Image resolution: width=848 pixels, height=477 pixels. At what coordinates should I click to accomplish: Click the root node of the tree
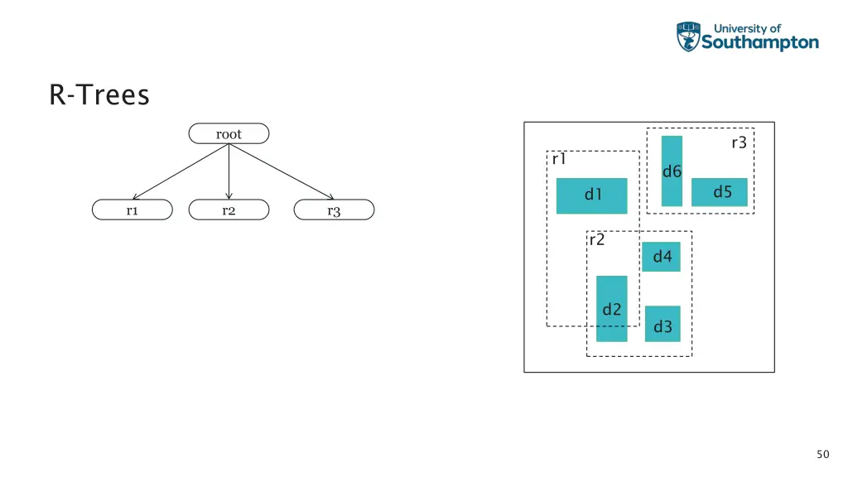[x=229, y=133]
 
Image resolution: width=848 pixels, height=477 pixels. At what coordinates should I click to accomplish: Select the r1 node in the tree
[x=132, y=210]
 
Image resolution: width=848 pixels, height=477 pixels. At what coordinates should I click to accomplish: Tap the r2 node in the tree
[x=229, y=210]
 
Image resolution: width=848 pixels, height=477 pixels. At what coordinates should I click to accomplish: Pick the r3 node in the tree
[x=334, y=210]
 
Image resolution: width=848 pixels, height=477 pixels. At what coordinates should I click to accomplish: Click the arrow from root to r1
[x=181, y=171]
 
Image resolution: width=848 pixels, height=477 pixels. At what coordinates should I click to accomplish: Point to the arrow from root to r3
[x=282, y=172]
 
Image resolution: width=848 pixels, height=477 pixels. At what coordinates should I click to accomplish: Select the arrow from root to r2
[x=229, y=172]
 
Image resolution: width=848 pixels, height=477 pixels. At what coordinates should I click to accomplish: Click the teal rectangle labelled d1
[x=591, y=195]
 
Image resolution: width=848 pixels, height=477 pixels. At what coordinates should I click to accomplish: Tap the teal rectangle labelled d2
[x=612, y=308]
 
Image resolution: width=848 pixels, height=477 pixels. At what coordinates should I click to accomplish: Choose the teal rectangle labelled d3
[x=662, y=324]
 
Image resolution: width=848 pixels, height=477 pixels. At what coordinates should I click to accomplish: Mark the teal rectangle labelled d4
[x=662, y=257]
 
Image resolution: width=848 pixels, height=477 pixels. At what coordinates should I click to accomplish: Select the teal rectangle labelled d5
[x=720, y=192]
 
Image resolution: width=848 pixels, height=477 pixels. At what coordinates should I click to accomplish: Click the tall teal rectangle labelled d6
[x=672, y=171]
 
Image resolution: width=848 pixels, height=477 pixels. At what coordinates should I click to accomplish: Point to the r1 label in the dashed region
[x=559, y=159]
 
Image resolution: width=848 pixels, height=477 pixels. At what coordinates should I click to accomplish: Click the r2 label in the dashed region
[x=596, y=240]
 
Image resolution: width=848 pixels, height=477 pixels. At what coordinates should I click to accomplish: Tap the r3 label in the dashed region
[x=739, y=142]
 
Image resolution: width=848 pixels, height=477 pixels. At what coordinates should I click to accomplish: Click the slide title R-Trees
[x=99, y=96]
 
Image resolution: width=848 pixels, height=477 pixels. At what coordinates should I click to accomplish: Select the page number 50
[x=822, y=454]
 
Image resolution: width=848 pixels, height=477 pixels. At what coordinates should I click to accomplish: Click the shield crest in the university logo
[x=688, y=37]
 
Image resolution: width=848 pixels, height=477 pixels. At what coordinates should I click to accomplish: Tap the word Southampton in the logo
[x=760, y=43]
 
